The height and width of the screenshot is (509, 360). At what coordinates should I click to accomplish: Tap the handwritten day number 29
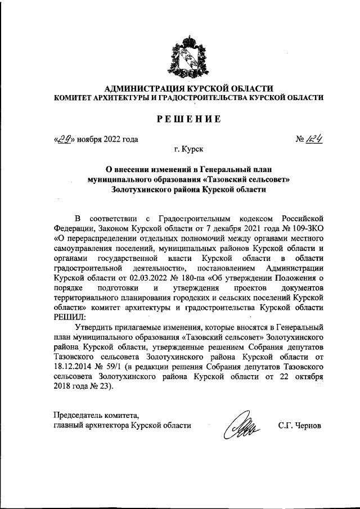pyautogui.click(x=66, y=138)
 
